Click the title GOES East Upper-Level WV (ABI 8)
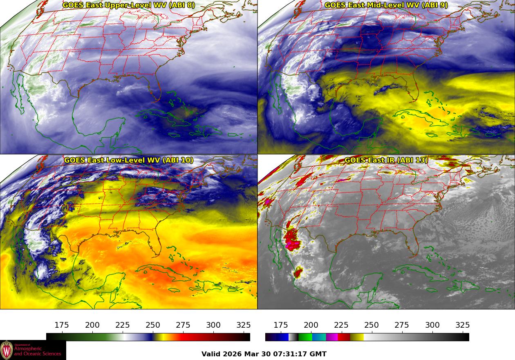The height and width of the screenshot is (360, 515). click(x=129, y=5)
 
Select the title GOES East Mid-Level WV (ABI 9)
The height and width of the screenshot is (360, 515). click(x=386, y=5)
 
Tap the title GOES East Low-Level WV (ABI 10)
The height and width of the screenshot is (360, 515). click(x=129, y=160)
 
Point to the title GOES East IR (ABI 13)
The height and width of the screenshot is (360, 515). click(x=386, y=160)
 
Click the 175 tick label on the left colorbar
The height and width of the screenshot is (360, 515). click(x=62, y=325)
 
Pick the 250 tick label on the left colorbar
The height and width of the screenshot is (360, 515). click(x=153, y=325)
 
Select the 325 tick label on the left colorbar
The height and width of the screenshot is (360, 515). click(x=244, y=325)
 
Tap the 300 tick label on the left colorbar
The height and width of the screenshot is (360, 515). click(x=213, y=325)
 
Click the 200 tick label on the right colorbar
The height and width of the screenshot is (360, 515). click(x=311, y=325)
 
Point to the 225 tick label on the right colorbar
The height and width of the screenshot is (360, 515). click(x=341, y=325)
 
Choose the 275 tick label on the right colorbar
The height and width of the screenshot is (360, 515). click(x=402, y=325)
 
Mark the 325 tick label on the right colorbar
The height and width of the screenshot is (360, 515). click(x=462, y=325)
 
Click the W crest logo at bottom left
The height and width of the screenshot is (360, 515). click(x=7, y=350)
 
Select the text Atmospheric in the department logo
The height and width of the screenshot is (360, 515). click(x=28, y=349)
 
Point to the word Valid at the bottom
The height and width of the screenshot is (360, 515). click(x=211, y=354)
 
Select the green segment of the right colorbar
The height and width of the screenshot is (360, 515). click(x=305, y=337)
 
